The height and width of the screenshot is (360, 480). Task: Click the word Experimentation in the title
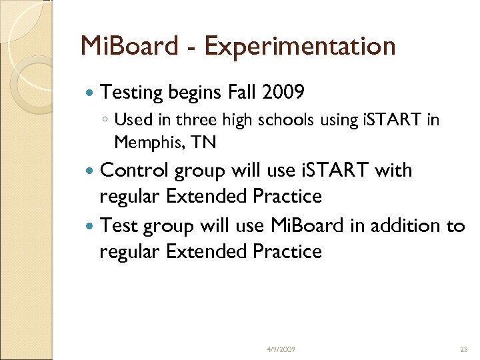300,47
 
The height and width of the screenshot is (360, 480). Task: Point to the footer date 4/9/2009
281,349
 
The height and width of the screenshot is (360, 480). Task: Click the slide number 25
464,349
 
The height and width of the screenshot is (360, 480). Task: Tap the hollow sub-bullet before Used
105,121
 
